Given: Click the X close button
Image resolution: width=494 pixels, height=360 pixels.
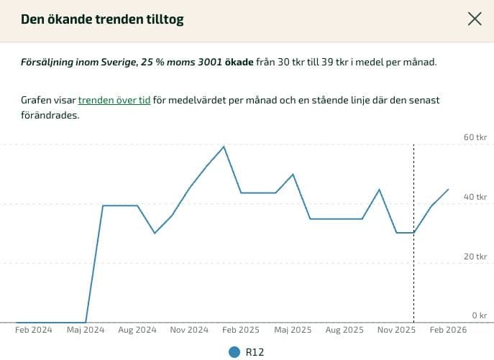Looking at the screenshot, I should (475, 19).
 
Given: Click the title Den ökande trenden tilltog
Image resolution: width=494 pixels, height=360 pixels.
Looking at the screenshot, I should (102, 19).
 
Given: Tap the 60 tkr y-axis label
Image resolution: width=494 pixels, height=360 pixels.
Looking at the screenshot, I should (475, 137).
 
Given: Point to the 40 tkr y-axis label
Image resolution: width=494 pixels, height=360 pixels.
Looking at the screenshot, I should (475, 196).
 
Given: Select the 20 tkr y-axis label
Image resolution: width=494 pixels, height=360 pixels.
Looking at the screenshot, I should (475, 256).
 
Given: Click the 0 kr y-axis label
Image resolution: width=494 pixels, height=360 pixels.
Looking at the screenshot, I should (479, 315).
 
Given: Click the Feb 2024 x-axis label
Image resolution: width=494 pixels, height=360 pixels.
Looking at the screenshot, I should (34, 330).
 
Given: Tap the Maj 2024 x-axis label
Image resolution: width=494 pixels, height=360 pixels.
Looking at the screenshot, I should (86, 330).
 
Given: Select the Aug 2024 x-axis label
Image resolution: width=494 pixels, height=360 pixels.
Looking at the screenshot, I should (137, 330).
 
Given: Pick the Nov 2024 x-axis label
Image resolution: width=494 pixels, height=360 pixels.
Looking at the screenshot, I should (189, 330).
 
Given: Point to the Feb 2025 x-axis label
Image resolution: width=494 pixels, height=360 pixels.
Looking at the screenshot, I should (240, 330).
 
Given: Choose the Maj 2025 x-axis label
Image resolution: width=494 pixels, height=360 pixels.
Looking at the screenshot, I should (292, 330).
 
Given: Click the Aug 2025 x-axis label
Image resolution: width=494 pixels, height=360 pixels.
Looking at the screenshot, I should (344, 330).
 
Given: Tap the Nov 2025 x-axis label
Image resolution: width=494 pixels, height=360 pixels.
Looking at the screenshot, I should (396, 330).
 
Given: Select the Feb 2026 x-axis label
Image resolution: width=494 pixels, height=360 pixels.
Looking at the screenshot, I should (448, 330).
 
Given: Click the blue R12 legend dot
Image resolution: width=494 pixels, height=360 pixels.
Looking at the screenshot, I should (234, 352).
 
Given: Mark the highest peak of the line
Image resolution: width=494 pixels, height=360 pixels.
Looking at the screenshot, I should (224, 147).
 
